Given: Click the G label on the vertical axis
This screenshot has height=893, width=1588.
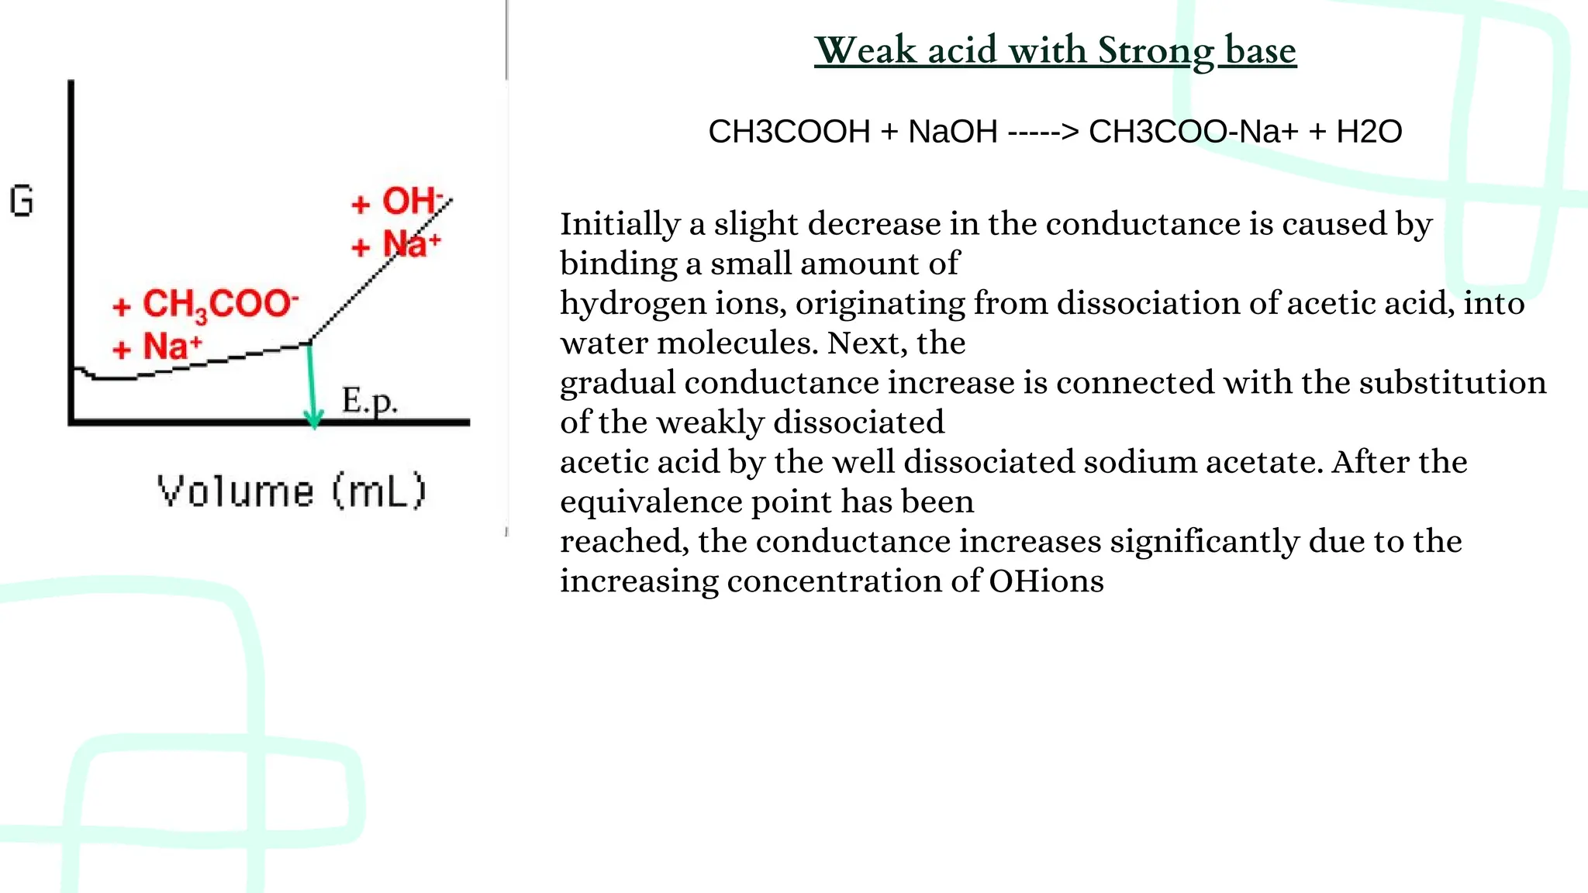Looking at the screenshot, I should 22,201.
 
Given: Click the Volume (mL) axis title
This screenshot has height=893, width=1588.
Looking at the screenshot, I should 292,491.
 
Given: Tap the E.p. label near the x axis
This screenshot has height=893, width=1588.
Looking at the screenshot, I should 369,401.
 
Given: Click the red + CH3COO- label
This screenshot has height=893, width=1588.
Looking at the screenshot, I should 205,305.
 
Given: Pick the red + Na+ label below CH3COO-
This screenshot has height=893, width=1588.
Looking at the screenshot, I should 157,347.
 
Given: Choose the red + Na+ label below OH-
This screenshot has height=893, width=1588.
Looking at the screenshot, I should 396,245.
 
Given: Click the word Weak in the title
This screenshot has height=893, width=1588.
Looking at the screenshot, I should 866,51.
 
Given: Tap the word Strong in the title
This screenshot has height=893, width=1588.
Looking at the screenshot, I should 1155,51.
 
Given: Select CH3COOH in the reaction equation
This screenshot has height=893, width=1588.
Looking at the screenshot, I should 789,132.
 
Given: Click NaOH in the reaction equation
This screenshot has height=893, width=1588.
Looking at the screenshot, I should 953,132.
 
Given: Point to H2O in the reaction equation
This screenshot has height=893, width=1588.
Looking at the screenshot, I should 1369,132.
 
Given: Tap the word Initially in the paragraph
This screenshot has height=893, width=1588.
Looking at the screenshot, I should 620,225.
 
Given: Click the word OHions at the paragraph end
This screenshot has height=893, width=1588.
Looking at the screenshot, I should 1046,581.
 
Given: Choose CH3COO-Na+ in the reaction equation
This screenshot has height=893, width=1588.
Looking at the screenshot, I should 1193,132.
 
